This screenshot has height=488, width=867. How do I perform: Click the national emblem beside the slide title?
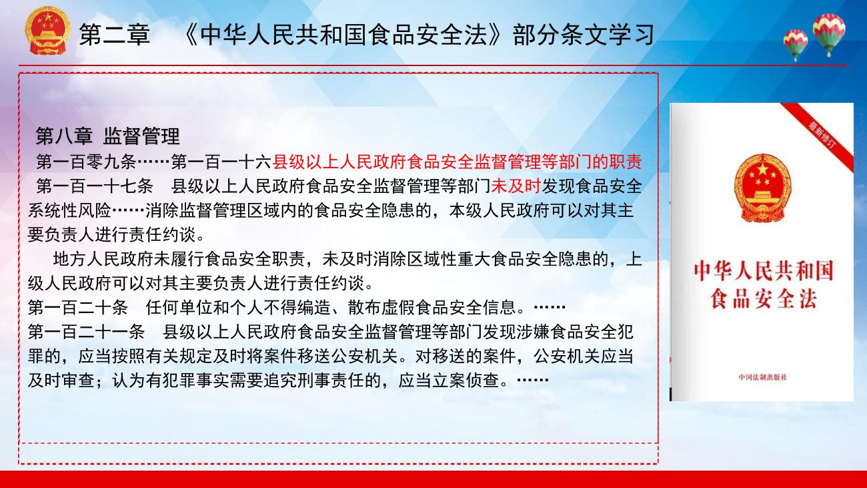pos(47,30)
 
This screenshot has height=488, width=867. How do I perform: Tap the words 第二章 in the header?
pos(115,35)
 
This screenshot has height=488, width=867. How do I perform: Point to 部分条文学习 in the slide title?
pos(584,35)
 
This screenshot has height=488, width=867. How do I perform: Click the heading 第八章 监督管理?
pos(107,136)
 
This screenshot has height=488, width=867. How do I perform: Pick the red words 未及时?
pos(516,186)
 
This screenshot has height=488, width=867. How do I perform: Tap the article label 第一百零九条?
pos(86,162)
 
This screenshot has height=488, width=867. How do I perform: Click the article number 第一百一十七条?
pos(95,186)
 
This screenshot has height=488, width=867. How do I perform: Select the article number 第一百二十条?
pos(78,308)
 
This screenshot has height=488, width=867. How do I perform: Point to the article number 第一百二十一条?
pos(86,332)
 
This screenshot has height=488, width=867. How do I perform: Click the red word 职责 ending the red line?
pos(626,162)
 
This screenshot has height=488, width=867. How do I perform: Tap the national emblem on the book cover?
pos(762,188)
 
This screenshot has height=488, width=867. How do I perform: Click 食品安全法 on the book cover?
pos(764,298)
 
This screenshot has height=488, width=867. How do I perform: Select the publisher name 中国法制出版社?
pos(763,377)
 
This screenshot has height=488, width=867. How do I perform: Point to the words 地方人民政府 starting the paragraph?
pos(103,259)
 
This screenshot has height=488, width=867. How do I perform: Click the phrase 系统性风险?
pos(69,211)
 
